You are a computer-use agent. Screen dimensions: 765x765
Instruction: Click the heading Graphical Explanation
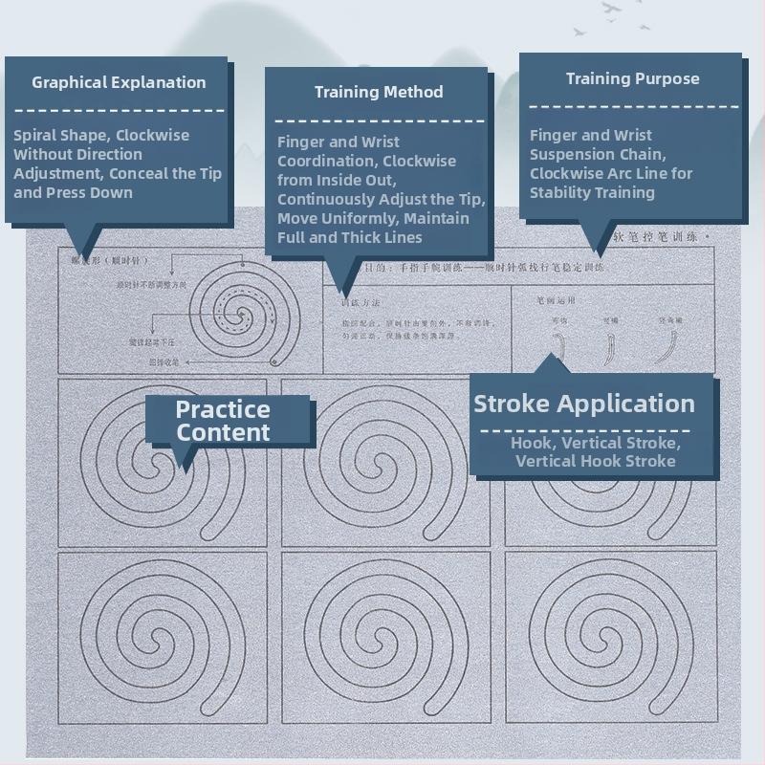pyautogui.click(x=119, y=82)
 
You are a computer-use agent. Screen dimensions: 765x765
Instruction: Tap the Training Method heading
pyautogui.click(x=379, y=92)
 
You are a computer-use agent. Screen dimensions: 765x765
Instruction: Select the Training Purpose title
pyautogui.click(x=632, y=78)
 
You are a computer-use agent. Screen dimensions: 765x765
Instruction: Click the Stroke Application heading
pyautogui.click(x=584, y=404)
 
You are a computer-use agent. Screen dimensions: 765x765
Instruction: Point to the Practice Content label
pyautogui.click(x=223, y=421)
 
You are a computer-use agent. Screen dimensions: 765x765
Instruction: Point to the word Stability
pyautogui.click(x=561, y=192)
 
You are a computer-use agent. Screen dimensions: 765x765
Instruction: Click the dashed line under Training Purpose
pyautogui.click(x=633, y=106)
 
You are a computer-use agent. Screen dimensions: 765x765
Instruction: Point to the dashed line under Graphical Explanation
pyautogui.click(x=119, y=110)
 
